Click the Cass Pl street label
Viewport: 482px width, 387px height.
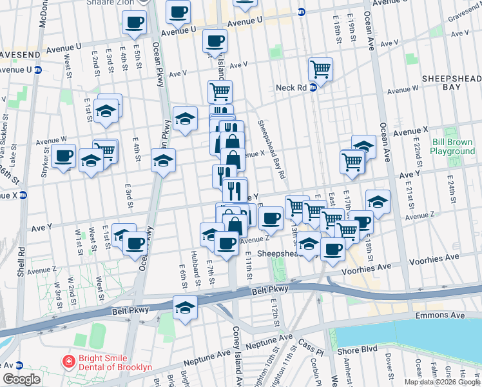(312, 351)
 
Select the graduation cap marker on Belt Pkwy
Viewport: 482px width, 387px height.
(185, 308)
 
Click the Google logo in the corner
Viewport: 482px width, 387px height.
(21, 379)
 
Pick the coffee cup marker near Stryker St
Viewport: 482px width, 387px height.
(64, 156)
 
